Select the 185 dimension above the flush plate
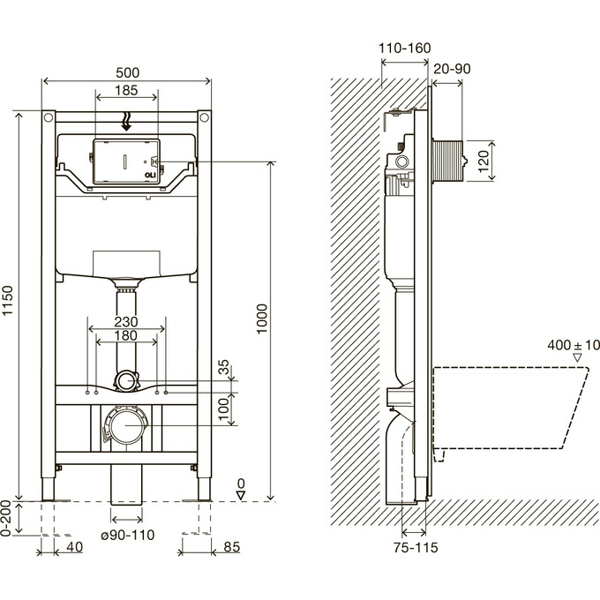[125, 91]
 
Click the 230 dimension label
[125, 322]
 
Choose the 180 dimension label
[125, 336]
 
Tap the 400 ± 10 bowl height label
[574, 345]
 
